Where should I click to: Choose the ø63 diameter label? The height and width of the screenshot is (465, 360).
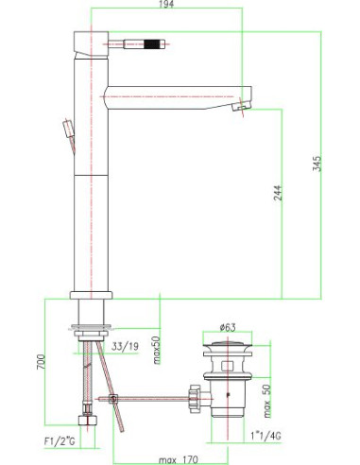pyautogui.click(x=223, y=330)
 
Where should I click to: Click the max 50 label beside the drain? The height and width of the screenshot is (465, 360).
pyautogui.click(x=268, y=398)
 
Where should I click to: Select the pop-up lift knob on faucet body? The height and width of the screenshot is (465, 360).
pyautogui.click(x=65, y=129)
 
